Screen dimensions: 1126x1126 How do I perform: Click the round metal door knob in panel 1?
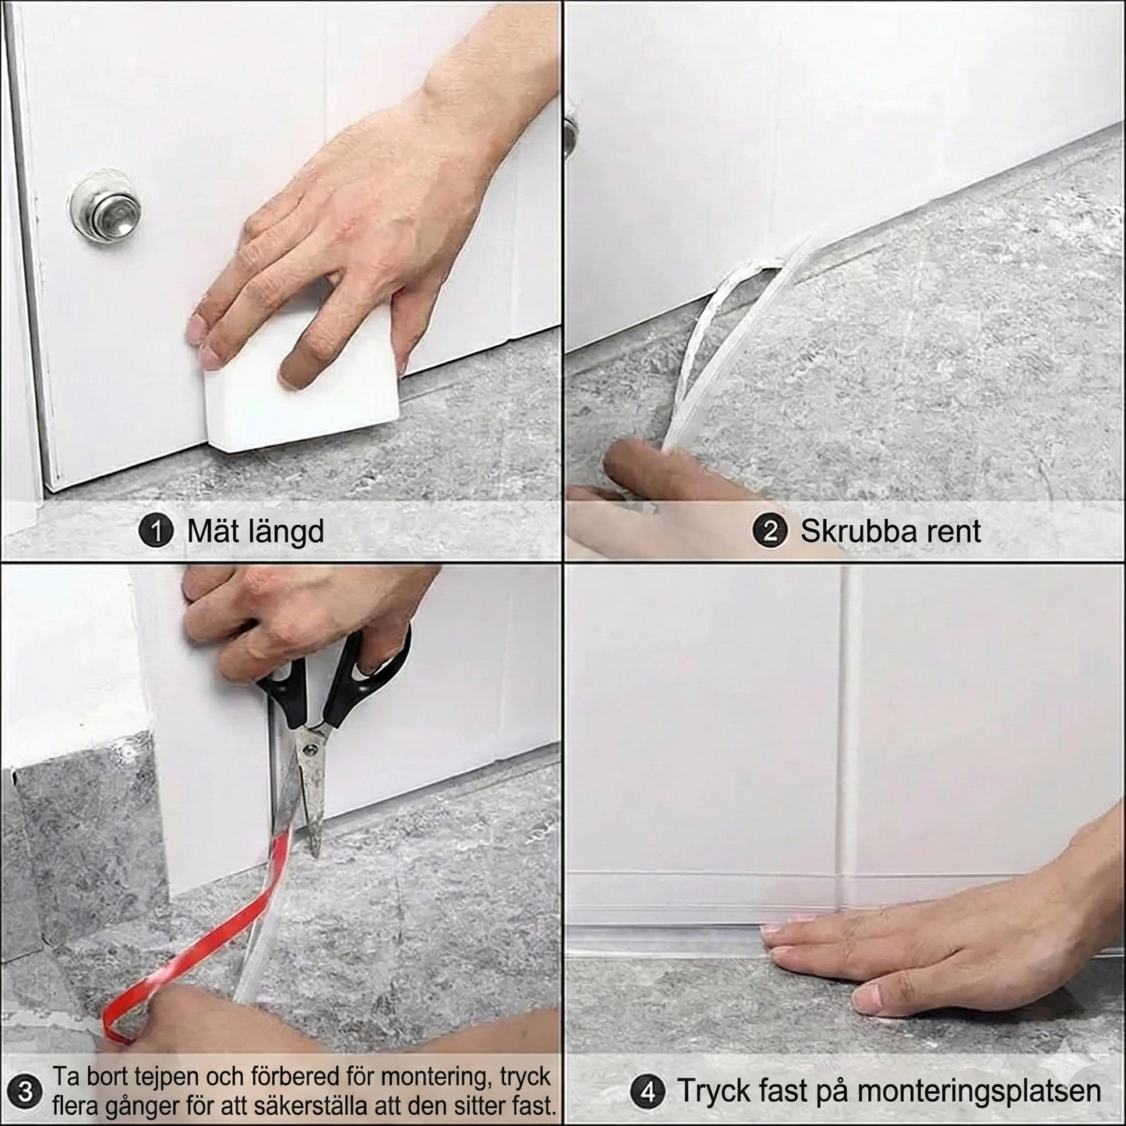click(105, 206)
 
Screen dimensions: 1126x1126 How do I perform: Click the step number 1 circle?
click(155, 531)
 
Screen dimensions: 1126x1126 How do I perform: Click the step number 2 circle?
click(769, 531)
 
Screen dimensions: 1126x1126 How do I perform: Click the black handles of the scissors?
click(335, 686)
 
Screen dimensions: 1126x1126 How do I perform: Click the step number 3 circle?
click(25, 1091)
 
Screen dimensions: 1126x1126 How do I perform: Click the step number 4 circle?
click(648, 1092)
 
